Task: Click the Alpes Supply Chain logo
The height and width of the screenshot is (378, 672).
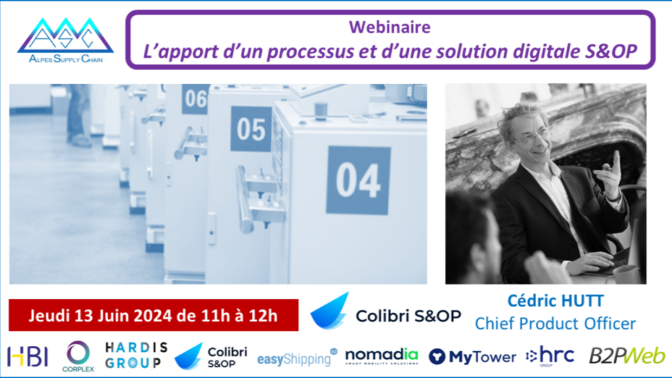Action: pyautogui.click(x=66, y=41)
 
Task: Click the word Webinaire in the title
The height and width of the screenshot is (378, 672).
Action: pyautogui.click(x=390, y=27)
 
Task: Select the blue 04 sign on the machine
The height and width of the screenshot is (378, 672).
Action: pyautogui.click(x=358, y=180)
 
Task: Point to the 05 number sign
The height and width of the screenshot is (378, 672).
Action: pyautogui.click(x=251, y=129)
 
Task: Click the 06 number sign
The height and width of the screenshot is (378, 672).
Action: pyautogui.click(x=195, y=99)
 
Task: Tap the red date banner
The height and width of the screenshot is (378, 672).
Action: pyautogui.click(x=154, y=316)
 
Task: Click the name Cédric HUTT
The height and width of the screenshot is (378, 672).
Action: pyautogui.click(x=555, y=301)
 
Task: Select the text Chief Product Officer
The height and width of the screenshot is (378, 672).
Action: pyautogui.click(x=555, y=324)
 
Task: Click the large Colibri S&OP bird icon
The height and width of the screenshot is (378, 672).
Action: pyautogui.click(x=329, y=311)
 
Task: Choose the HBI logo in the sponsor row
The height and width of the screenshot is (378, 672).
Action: pyautogui.click(x=28, y=356)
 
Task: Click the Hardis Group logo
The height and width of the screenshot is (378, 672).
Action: pyautogui.click(x=136, y=355)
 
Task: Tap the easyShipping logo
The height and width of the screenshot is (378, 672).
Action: pyautogui.click(x=297, y=358)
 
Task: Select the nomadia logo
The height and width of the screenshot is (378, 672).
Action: pyautogui.click(x=381, y=356)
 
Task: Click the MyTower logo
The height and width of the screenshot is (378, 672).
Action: pyautogui.click(x=472, y=357)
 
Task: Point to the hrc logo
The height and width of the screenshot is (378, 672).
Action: pyautogui.click(x=550, y=356)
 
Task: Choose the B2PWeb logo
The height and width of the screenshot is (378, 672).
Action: pyautogui.click(x=627, y=356)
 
